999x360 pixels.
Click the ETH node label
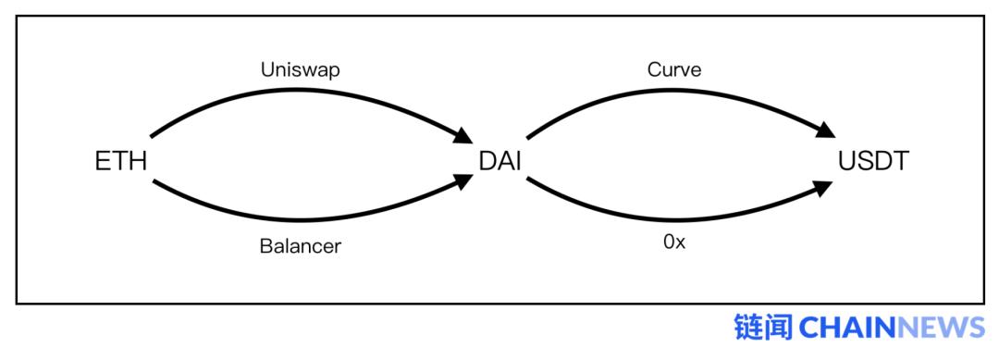pos(121,161)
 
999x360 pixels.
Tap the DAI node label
pos(500,161)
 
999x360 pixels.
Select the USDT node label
pos(873,161)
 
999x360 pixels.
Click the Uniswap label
pos(300,70)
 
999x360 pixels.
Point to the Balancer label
pos(300,246)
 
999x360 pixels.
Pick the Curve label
pos(674,68)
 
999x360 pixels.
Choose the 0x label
pos(674,242)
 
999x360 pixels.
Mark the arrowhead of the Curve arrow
pos(824,130)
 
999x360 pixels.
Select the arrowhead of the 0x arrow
pos(824,189)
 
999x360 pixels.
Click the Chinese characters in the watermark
pos(763,328)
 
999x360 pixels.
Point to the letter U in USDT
pos(848,161)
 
